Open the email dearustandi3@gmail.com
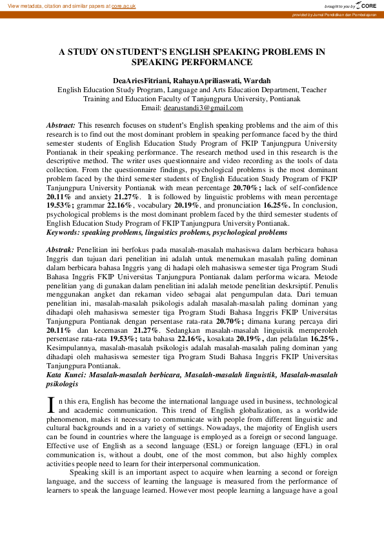pyautogui.click(x=205, y=108)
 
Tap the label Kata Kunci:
pyautogui.click(x=68, y=374)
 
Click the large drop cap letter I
pyautogui.click(x=51, y=404)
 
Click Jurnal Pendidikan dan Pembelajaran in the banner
pyautogui.click(x=348, y=14)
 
